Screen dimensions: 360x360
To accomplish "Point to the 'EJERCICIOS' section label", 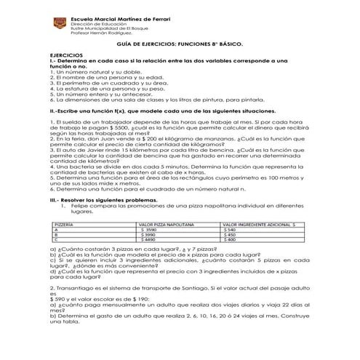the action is [x=66, y=55].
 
